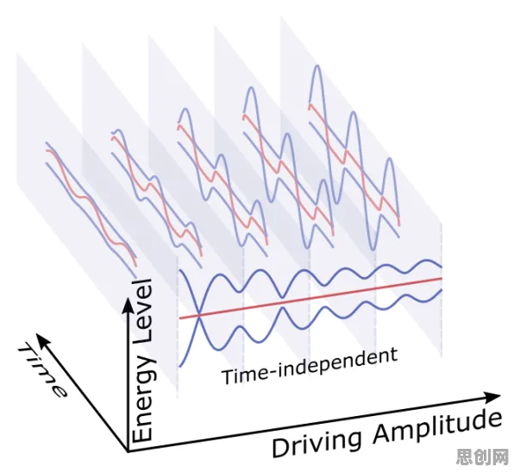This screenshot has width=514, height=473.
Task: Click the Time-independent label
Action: (x=310, y=367)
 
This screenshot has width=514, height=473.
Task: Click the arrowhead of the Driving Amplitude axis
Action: (x=492, y=397)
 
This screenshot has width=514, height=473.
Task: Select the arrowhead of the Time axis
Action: (x=42, y=340)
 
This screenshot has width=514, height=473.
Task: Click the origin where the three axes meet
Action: (x=127, y=451)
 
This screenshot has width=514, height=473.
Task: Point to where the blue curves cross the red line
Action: (x=199, y=316)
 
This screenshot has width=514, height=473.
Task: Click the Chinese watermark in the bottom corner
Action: (x=483, y=457)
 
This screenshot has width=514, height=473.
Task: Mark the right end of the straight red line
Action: (x=442, y=279)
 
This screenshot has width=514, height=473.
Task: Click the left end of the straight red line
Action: (x=179, y=318)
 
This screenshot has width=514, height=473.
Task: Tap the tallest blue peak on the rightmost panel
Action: (x=317, y=66)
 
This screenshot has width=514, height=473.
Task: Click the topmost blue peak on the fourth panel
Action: (x=251, y=87)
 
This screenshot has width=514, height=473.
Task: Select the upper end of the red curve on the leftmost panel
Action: (x=47, y=150)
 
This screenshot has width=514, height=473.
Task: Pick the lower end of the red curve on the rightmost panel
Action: (x=399, y=225)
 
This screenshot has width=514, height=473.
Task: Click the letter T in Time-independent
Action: (x=228, y=376)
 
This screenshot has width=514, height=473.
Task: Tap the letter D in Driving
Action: (x=280, y=448)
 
